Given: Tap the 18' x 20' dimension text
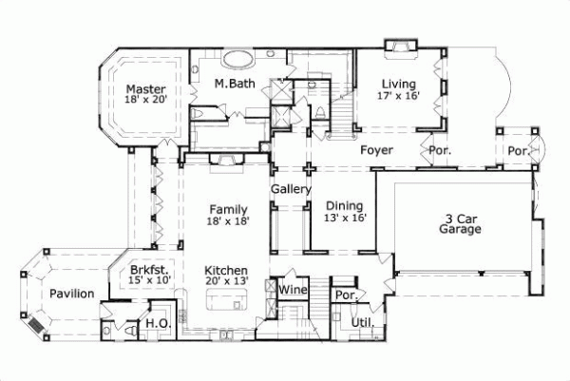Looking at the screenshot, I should [146, 104].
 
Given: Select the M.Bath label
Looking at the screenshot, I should [232, 85].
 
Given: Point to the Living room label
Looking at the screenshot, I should [397, 82].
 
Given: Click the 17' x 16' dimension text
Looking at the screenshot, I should [397, 95].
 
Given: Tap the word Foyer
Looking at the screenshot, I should [376, 150].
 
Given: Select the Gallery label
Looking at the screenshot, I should [291, 190].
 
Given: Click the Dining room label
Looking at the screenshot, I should [344, 205].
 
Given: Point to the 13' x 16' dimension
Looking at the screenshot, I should [344, 219].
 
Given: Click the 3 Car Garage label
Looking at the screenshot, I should [459, 222].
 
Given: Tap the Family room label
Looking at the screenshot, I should [229, 209].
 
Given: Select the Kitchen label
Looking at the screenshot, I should [227, 270].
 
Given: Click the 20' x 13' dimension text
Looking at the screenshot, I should [227, 282].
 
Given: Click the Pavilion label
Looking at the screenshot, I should [72, 294].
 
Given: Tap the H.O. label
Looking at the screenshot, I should [157, 325].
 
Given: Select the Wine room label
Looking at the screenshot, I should [292, 289].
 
